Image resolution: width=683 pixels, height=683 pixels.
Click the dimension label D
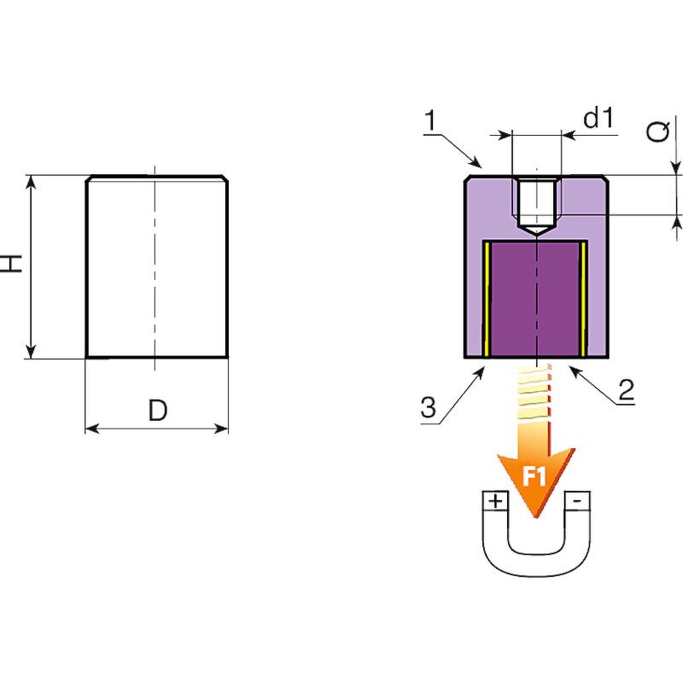click(x=158, y=411)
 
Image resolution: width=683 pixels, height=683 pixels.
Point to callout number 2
click(x=626, y=390)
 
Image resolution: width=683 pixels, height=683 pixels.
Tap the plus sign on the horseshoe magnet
click(x=495, y=501)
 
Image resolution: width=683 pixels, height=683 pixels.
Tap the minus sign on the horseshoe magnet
click(x=576, y=500)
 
